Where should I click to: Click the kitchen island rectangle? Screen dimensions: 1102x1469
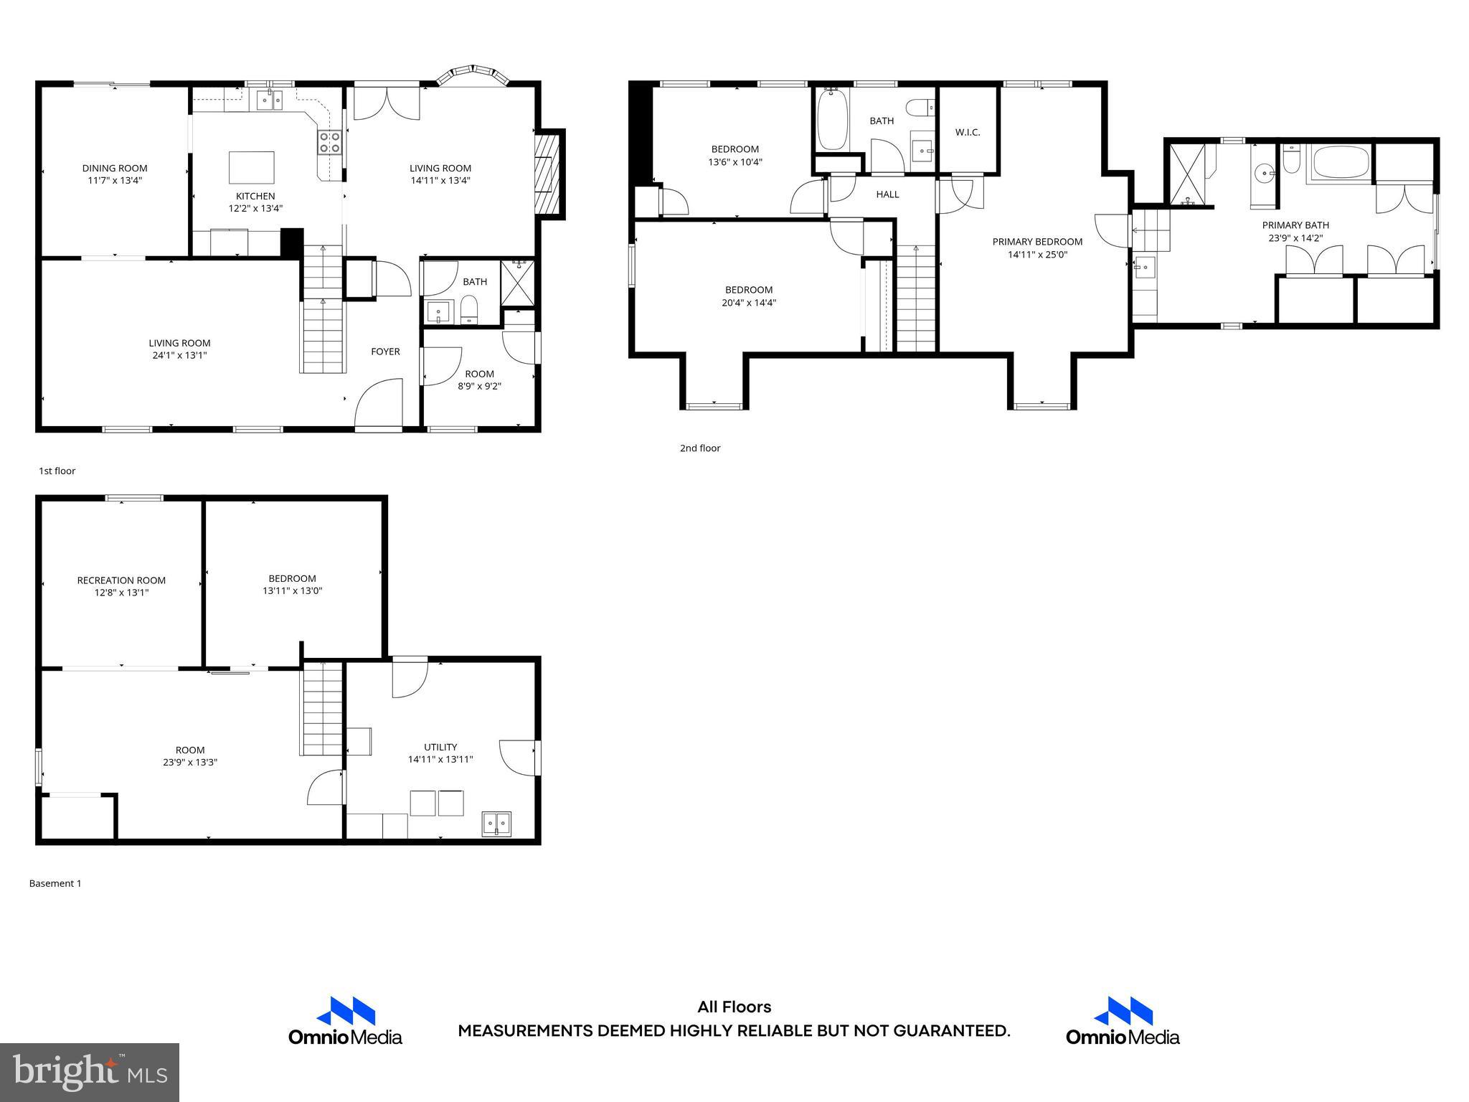[251, 167]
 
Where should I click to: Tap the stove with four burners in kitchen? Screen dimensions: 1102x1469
[330, 142]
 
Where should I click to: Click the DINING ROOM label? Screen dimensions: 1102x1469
[115, 169]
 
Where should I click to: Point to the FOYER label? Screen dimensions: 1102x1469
[385, 352]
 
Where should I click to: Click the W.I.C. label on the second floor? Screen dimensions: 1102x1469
[967, 133]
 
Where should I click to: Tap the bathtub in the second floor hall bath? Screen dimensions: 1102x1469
[832, 121]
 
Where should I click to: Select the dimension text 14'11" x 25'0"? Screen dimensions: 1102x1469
[1037, 254]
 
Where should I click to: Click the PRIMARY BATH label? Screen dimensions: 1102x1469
[1295, 225]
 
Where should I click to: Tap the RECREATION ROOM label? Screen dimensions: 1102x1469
[121, 580]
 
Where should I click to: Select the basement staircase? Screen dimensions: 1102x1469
[322, 708]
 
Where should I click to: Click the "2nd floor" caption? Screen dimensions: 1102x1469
[699, 448]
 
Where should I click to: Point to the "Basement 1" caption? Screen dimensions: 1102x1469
[55, 884]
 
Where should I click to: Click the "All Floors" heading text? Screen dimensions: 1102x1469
[734, 1007]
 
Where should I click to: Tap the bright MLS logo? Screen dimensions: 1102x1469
[90, 1072]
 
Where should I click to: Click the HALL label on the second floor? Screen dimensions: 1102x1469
[887, 194]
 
